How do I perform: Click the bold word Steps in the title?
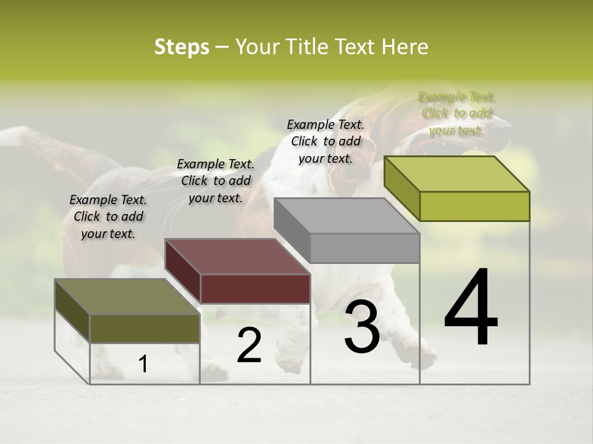click(x=182, y=47)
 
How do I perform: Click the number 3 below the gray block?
click(x=362, y=327)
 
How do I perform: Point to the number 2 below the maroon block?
click(x=249, y=345)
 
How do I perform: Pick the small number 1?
click(x=143, y=364)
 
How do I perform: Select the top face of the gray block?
click(x=346, y=216)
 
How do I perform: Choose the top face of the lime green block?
click(x=456, y=174)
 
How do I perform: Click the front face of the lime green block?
click(x=474, y=206)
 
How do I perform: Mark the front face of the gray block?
click(x=364, y=249)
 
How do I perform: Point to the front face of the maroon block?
click(x=255, y=289)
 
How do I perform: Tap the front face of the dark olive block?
click(x=145, y=328)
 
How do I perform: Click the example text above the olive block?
click(x=108, y=216)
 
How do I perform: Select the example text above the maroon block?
click(x=216, y=181)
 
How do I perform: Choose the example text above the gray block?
click(x=326, y=141)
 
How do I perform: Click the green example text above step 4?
click(x=456, y=113)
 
